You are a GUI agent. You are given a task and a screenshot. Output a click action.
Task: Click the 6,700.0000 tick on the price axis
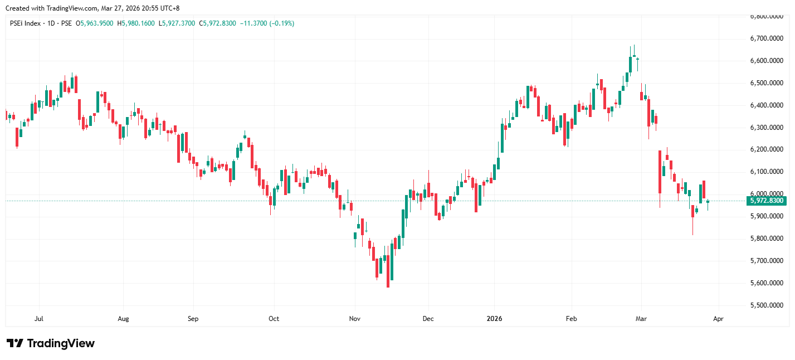pos(768,38)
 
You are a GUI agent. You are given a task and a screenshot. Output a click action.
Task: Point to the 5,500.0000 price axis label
pos(768,305)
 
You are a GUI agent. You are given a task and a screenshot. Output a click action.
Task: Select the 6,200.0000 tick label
pos(768,149)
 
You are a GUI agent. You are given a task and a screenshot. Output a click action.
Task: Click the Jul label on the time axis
pos(39,319)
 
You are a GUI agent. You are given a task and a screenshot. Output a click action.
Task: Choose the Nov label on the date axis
pos(355,319)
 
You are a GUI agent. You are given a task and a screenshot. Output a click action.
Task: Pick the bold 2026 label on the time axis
pos(494,319)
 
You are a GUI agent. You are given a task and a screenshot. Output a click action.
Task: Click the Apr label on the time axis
pos(718,319)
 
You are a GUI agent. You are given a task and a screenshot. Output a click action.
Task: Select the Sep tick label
pos(193,319)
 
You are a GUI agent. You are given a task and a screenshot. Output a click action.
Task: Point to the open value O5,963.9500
pos(95,23)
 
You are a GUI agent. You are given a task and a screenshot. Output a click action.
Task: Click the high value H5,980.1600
pos(136,23)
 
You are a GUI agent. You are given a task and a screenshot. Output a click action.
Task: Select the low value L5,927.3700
pos(178,23)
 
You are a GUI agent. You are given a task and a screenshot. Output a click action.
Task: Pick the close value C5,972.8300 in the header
pos(218,23)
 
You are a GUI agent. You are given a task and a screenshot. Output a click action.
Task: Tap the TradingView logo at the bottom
pos(51,343)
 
